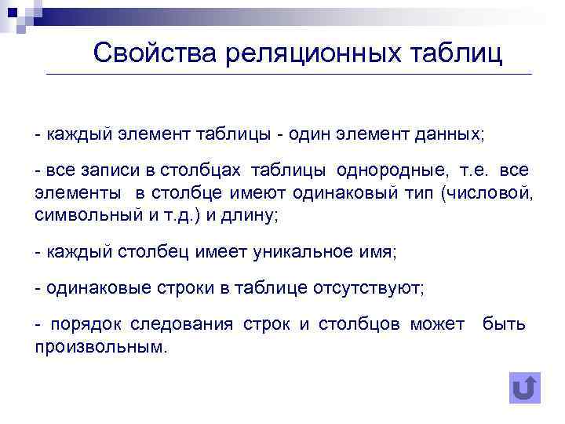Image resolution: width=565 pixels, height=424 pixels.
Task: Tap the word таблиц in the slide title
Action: [x=456, y=53]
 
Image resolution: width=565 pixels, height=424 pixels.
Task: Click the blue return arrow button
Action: [x=524, y=388]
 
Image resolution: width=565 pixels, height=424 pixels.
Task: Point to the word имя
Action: [x=379, y=252]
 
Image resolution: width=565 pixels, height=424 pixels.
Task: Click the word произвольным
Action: [x=100, y=346]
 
